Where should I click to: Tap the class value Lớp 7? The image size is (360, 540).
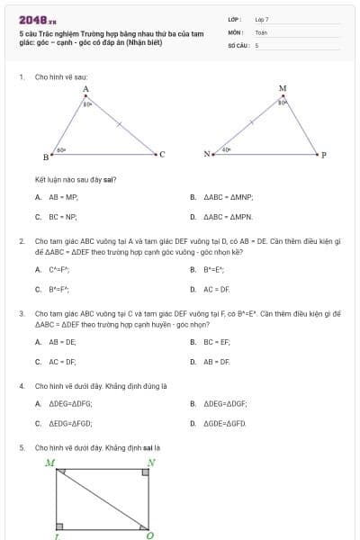262,18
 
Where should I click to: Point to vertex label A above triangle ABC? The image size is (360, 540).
85,89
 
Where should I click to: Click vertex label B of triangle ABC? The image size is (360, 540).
47,157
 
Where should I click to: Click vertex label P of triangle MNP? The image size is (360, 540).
323,154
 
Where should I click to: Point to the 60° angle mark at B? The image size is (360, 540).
60,149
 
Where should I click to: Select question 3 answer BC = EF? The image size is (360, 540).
217,342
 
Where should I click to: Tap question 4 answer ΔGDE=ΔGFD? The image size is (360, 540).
225,423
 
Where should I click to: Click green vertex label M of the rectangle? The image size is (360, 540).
49,463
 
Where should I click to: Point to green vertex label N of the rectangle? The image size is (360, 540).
150,463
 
